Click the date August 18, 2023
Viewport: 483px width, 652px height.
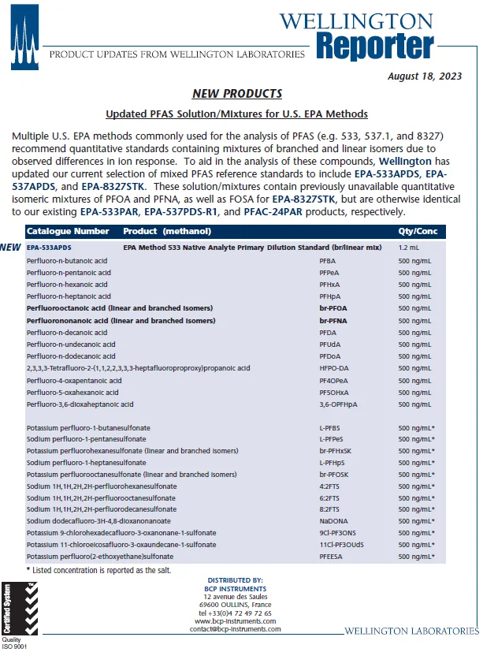click(433, 76)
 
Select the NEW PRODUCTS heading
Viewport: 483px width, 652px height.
click(237, 94)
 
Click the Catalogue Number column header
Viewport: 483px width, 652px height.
click(68, 232)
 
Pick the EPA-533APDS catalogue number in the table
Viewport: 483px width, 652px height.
click(49, 247)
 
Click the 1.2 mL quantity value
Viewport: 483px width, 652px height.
click(409, 247)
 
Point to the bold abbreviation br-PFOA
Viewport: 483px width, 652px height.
click(333, 307)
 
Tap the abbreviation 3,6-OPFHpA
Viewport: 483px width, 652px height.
click(338, 404)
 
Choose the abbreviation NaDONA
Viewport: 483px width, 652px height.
click(333, 521)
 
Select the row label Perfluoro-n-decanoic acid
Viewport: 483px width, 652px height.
click(71, 332)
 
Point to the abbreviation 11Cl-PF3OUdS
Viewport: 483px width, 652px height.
click(341, 545)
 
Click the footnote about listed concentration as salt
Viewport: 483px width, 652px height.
click(98, 569)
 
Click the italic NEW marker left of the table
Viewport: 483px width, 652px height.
click(11, 248)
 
